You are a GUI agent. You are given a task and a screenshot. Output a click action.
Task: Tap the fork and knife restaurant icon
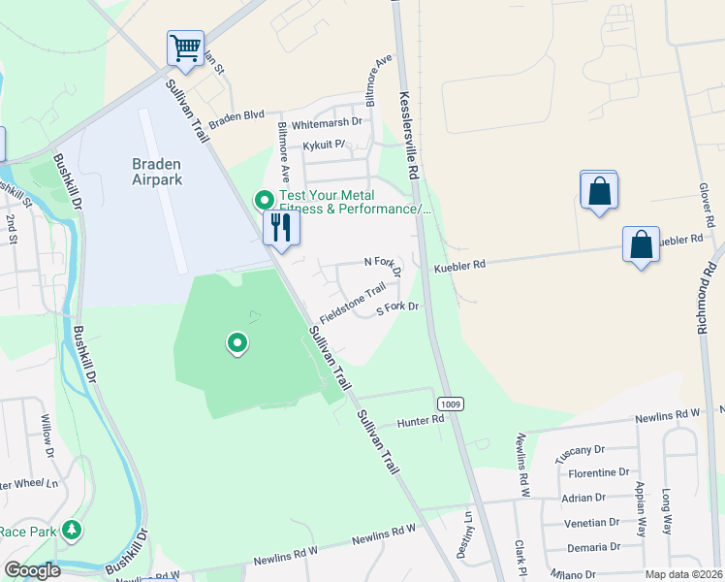[x=281, y=228]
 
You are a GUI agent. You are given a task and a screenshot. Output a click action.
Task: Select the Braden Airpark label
[x=157, y=172]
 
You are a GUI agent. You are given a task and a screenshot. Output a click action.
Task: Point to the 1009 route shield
[x=449, y=403]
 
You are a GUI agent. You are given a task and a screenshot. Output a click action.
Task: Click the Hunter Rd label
[x=421, y=422]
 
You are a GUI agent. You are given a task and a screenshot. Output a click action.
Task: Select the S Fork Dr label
[x=397, y=307]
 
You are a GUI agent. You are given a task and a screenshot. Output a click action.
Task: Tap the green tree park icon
[x=71, y=531]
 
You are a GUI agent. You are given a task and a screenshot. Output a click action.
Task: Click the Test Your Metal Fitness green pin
[x=264, y=201]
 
